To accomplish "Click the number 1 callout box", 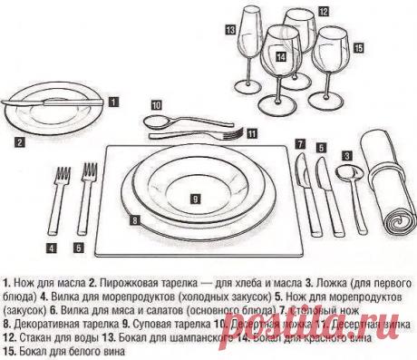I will (x=113, y=102).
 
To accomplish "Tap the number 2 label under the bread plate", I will (x=18, y=141).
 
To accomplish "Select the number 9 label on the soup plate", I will (x=195, y=196).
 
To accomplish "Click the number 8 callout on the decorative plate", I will (x=134, y=219).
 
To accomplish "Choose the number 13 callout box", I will (x=231, y=28).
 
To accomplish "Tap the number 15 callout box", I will (x=358, y=45).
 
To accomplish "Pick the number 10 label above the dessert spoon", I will (x=157, y=105).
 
